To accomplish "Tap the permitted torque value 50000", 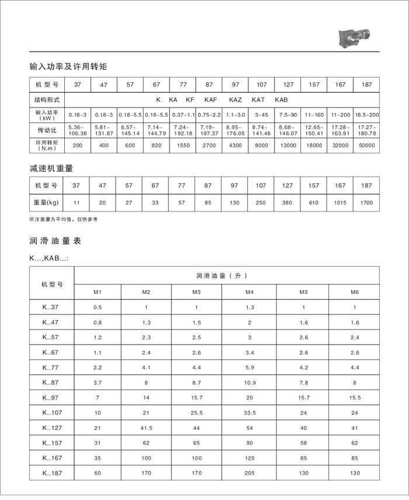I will click(366, 143).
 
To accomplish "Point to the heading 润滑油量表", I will click(54, 240).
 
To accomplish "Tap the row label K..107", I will click(51, 413).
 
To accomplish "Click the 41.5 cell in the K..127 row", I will click(146, 428).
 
